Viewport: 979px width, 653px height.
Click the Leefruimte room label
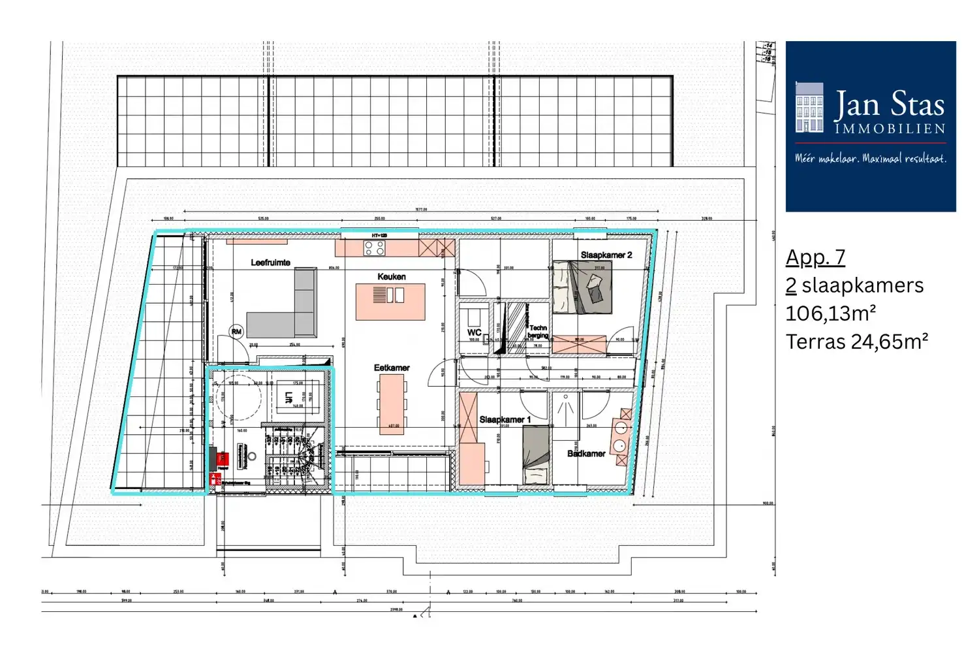point(270,263)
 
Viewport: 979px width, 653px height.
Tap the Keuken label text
point(392,277)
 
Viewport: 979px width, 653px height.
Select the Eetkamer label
point(392,368)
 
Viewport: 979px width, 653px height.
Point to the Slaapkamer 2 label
point(606,255)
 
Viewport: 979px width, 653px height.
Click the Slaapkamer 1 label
point(505,419)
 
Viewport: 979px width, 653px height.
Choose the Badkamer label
point(586,453)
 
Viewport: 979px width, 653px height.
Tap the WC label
point(474,332)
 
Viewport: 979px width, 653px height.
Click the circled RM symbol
point(236,332)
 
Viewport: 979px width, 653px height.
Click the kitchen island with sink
point(390,301)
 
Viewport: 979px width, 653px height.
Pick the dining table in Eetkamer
point(392,405)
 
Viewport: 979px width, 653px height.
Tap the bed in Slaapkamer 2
point(583,287)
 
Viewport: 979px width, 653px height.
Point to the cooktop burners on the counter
point(374,248)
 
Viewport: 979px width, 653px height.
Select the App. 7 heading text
point(815,257)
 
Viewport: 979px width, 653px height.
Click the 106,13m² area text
point(830,313)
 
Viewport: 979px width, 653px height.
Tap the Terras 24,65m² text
point(856,342)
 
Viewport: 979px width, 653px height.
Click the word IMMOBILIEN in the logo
point(890,129)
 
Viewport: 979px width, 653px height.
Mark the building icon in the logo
point(809,108)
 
